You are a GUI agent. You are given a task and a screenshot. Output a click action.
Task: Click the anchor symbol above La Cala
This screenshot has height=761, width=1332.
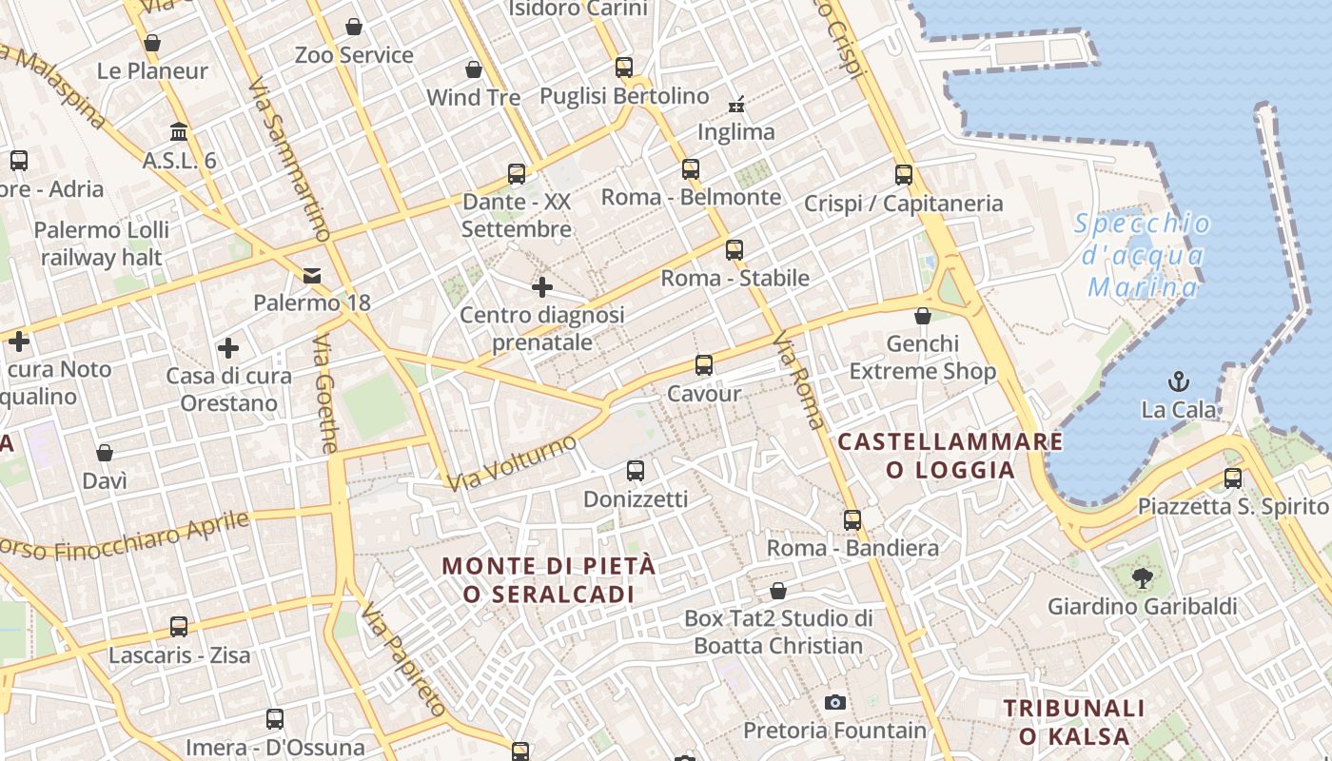point(1179,382)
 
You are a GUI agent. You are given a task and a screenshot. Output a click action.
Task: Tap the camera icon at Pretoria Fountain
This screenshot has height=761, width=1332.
point(835,703)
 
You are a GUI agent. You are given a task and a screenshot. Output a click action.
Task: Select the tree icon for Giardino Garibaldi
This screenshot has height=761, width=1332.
point(1142,576)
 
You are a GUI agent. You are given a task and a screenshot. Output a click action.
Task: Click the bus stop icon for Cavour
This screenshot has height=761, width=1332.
point(704,365)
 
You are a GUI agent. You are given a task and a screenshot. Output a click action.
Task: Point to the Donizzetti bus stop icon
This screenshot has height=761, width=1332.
point(636,471)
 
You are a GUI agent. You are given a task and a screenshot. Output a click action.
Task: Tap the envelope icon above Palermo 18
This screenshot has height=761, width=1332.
point(312,276)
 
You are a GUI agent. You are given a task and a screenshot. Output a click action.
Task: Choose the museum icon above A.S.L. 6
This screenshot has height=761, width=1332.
point(179,131)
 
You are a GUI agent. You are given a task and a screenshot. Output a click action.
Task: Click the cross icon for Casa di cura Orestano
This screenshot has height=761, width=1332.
point(228,348)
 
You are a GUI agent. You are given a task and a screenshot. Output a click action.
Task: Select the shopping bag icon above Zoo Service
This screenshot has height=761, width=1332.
point(354,27)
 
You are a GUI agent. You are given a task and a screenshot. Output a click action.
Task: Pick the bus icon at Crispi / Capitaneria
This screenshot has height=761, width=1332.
point(904,175)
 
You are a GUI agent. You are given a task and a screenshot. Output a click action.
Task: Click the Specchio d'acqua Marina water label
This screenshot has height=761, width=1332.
point(1143,255)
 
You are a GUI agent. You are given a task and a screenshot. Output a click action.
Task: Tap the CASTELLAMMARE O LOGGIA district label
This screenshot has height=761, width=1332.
point(950,456)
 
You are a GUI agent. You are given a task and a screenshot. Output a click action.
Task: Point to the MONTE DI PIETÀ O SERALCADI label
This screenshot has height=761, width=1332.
point(549,579)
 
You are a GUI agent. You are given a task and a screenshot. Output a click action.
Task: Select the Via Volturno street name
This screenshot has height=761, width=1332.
point(512,463)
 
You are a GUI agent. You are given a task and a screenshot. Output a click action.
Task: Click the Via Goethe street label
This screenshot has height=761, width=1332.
point(326,393)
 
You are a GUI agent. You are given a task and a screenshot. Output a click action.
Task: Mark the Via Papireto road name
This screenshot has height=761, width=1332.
point(403,659)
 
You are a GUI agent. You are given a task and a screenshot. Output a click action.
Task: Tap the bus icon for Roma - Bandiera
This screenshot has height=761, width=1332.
point(852,520)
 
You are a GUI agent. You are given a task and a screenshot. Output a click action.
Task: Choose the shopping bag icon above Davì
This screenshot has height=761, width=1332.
point(105,453)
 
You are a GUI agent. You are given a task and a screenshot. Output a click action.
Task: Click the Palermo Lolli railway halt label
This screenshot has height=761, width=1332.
point(102,244)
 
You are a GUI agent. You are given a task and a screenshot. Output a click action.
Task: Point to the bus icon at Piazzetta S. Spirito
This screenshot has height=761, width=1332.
point(1233,478)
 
